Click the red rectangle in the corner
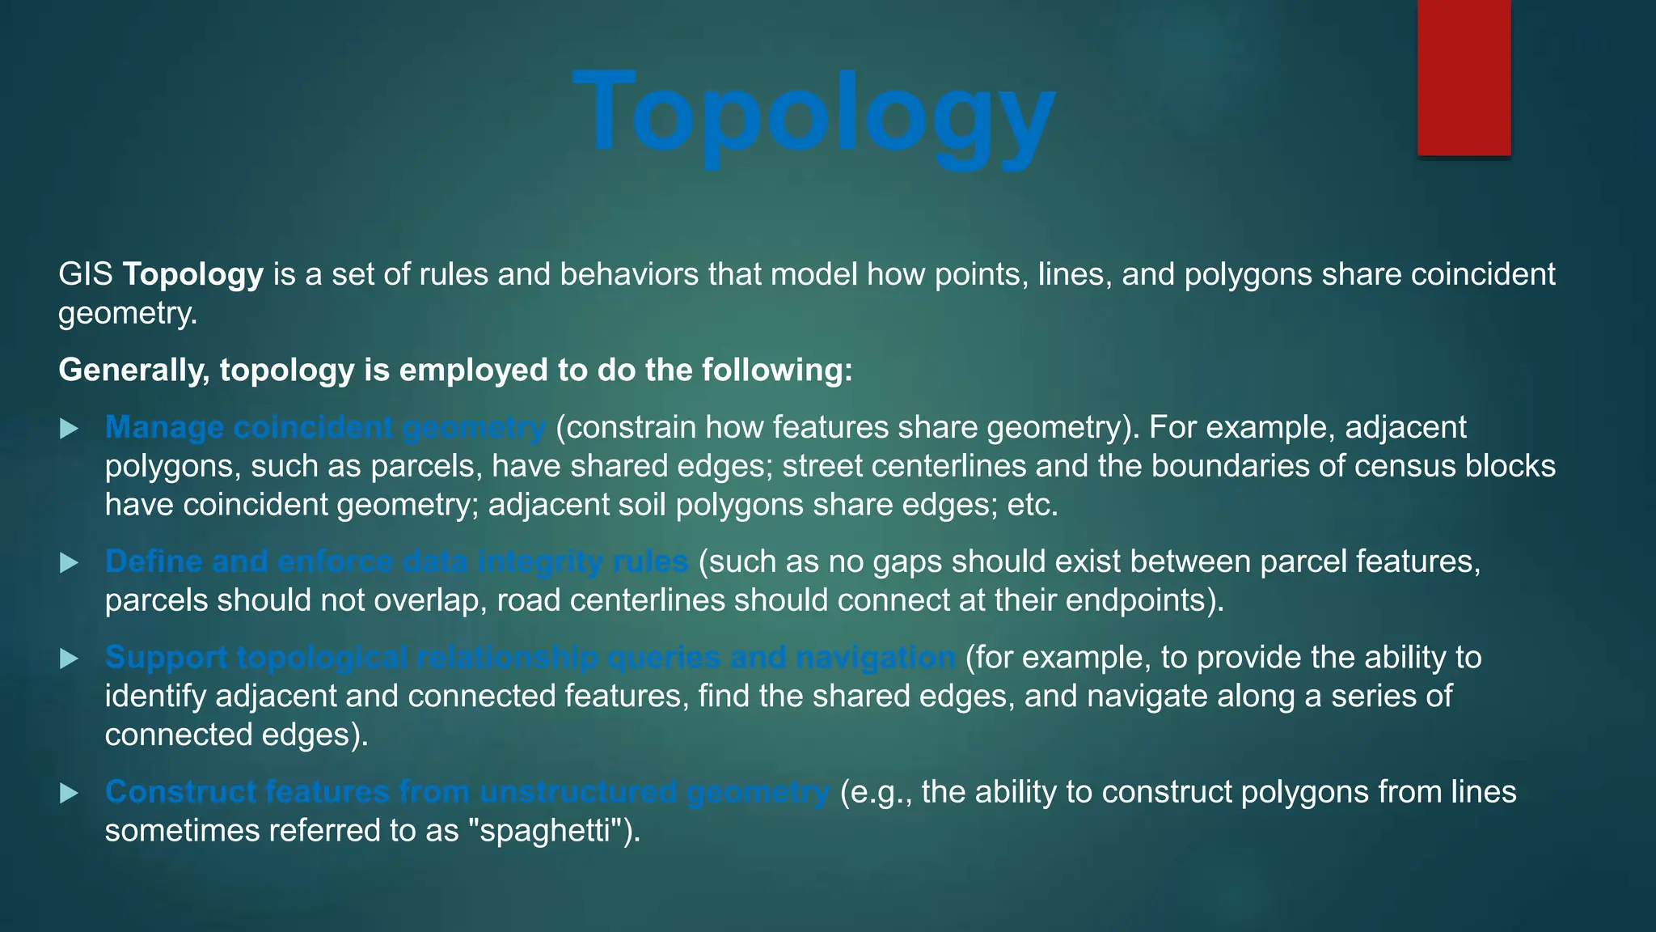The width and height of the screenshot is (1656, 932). click(x=1464, y=78)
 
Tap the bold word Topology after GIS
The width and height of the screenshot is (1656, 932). click(x=192, y=274)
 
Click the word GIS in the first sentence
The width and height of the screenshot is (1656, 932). click(x=86, y=274)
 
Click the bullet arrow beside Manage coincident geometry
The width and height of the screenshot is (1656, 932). click(x=70, y=428)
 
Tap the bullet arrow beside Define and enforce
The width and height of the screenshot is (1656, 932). click(x=70, y=562)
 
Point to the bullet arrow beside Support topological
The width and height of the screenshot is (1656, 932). click(x=70, y=659)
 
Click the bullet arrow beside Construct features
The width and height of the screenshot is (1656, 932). click(x=70, y=793)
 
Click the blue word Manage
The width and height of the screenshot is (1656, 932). click(x=164, y=427)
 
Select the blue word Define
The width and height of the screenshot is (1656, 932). click(x=154, y=561)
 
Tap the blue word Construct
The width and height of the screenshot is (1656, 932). click(x=180, y=791)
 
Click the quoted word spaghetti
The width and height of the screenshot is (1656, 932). click(x=547, y=831)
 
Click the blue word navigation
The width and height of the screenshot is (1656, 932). click(x=875, y=658)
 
